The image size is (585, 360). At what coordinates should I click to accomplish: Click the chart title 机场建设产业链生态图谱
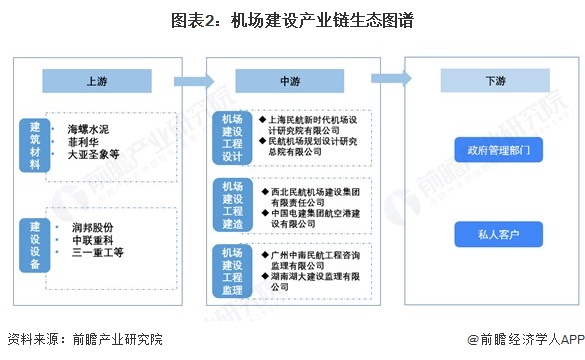(293, 18)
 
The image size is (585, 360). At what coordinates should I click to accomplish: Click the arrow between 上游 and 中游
(188, 80)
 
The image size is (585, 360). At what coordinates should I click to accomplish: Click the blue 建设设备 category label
(34, 243)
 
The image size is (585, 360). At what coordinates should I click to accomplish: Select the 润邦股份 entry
(91, 227)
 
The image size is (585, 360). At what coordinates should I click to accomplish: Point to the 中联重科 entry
(91, 240)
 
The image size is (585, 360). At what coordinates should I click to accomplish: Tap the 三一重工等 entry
(94, 254)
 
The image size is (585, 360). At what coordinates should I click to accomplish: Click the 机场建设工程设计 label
(232, 137)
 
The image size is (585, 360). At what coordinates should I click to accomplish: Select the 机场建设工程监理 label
(232, 270)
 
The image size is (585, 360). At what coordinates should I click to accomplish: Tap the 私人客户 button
(484, 237)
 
